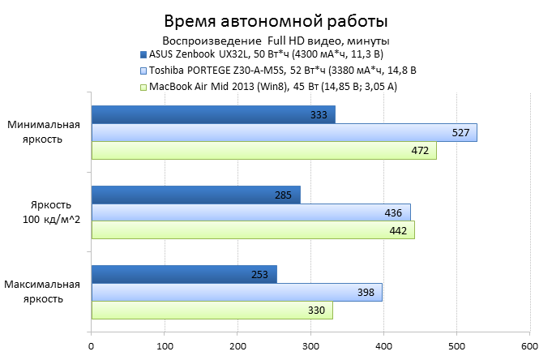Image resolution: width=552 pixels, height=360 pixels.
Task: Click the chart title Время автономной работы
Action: tap(276, 20)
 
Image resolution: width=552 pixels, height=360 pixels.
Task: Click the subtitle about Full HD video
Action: tap(276, 41)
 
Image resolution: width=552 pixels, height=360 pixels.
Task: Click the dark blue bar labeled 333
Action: tap(212, 114)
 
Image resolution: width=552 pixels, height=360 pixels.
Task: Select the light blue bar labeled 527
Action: tap(284, 132)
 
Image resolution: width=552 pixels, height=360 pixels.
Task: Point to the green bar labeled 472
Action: tap(263, 150)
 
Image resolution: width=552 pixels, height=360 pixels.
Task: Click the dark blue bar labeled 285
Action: tap(195, 195)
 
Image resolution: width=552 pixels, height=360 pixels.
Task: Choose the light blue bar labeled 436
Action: tap(250, 212)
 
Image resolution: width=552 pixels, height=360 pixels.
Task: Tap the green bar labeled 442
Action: tap(253, 230)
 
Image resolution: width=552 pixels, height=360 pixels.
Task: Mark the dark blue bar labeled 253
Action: tap(184, 274)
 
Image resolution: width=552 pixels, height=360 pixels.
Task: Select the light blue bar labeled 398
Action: tap(237, 292)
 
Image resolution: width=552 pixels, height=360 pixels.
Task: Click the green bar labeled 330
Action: tap(212, 310)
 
